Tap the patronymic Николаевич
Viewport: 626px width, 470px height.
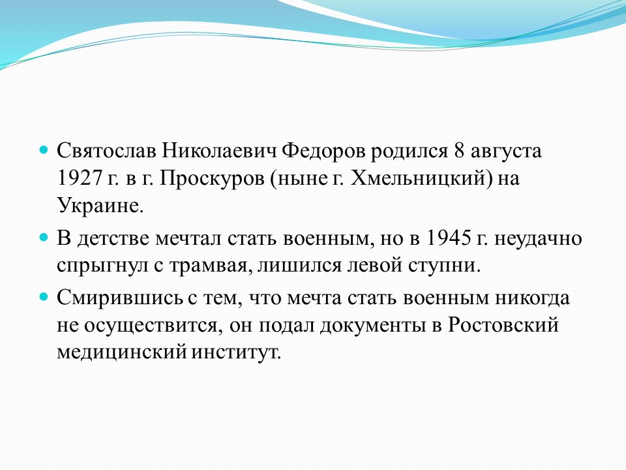(x=219, y=151)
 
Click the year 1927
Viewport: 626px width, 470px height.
(x=80, y=178)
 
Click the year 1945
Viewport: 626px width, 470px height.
(x=447, y=238)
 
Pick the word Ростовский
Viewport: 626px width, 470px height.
(x=503, y=324)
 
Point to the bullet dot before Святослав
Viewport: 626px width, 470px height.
(x=44, y=150)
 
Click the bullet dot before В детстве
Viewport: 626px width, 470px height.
(x=44, y=238)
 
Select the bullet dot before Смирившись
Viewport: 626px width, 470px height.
(x=44, y=298)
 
